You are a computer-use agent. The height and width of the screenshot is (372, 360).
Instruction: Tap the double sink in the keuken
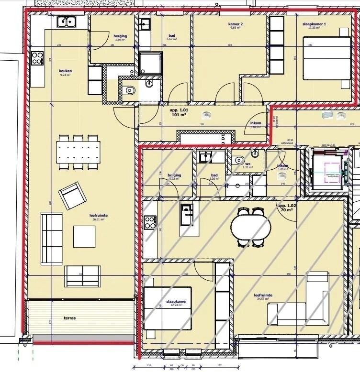[66, 22]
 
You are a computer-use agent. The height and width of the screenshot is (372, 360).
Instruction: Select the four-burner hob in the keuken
[37, 58]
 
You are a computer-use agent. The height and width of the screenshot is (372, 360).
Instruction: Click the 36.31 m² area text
[98, 220]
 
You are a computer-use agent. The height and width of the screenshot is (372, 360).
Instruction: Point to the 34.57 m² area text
[263, 300]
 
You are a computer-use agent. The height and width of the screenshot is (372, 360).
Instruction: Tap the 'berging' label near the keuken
[120, 36]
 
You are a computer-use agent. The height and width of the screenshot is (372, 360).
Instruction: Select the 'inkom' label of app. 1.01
[256, 123]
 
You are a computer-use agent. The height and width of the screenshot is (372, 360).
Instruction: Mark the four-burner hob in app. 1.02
[150, 222]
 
